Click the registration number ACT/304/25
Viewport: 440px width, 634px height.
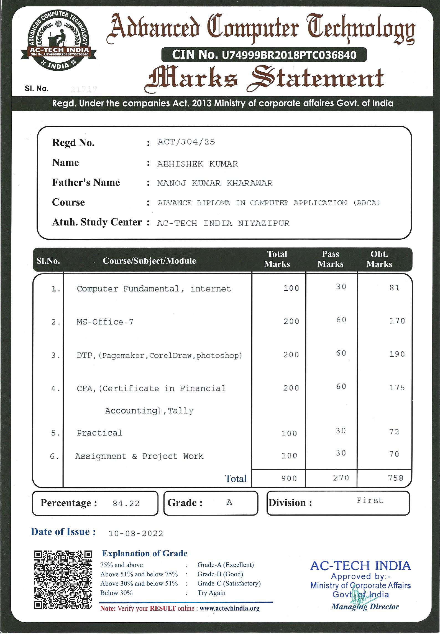coord(186,142)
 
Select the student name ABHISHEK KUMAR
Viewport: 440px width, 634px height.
coord(197,164)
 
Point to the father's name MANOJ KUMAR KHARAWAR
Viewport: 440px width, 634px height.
coord(215,183)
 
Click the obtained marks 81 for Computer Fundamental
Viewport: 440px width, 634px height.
coord(394,288)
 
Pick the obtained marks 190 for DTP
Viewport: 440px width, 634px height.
coord(397,354)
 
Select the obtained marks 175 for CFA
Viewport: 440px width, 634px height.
coord(397,388)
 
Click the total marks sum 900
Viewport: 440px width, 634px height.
coord(289,478)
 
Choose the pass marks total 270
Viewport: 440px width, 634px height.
coord(341,478)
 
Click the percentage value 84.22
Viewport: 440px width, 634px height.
coord(126,503)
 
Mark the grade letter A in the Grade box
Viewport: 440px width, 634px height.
coord(229,502)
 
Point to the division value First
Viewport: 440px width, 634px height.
coord(370,501)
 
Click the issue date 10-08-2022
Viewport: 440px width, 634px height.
coord(136,533)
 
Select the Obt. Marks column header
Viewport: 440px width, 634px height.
coord(379,259)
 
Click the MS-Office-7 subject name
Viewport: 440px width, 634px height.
coord(105,322)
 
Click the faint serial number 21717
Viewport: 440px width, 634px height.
coord(84,89)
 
